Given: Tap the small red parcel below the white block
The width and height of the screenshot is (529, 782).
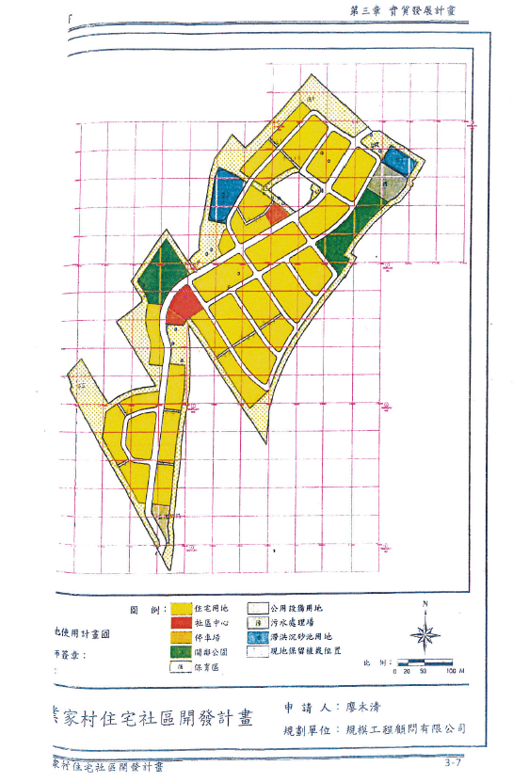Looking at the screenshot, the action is point(276,213).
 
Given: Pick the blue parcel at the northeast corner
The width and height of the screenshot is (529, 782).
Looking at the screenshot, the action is point(399,161).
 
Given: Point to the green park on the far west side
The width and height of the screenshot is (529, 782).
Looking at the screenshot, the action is point(159,267).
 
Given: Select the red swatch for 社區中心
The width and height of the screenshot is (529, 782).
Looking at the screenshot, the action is point(182,623).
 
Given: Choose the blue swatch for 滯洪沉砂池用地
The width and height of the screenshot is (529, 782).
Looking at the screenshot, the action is point(255,636).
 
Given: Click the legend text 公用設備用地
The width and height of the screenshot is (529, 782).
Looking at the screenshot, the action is point(296,610).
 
